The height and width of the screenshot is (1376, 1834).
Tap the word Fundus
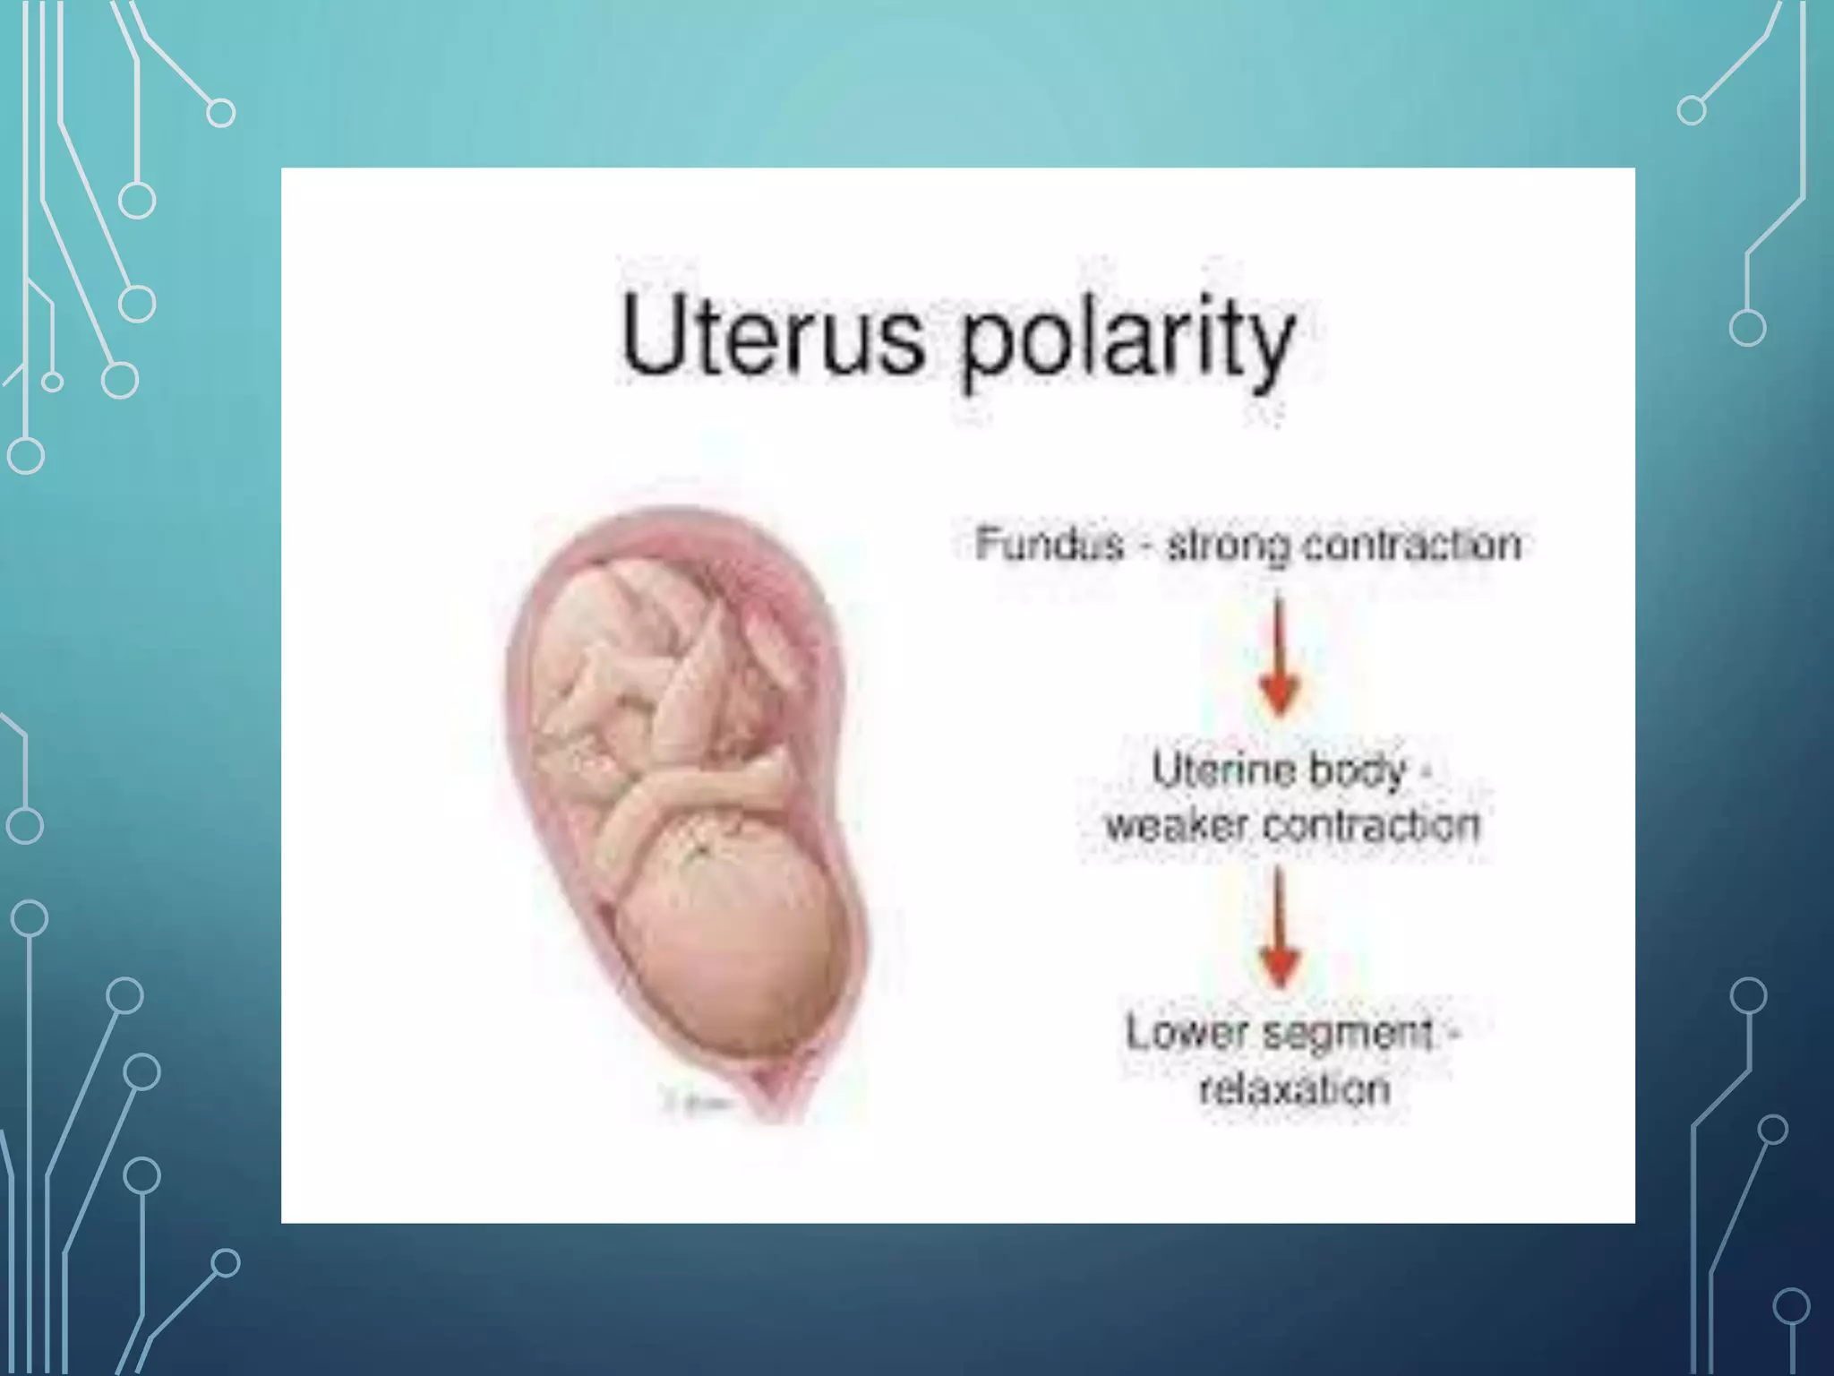1049,544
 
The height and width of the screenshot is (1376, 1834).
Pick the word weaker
1176,825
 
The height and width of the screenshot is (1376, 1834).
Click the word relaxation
1294,1089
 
